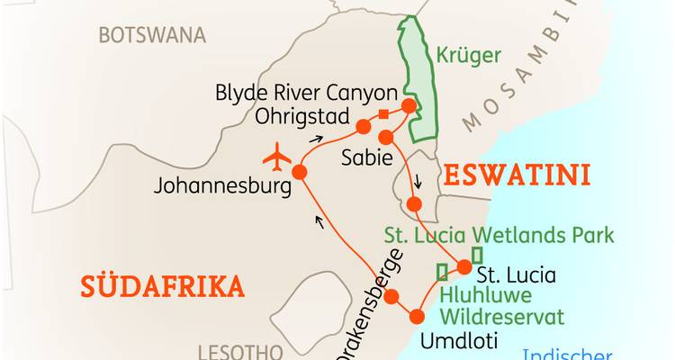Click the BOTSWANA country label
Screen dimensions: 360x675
152,35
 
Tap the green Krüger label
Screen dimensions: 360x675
468,56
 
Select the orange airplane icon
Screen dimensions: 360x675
278,158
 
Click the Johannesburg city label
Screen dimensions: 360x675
222,187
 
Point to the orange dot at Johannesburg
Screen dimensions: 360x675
299,171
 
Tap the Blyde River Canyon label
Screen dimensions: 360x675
307,93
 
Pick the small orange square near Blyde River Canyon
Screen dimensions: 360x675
383,113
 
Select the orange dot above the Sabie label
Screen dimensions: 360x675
386,137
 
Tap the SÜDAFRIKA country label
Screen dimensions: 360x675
163,286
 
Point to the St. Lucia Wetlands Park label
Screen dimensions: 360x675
499,236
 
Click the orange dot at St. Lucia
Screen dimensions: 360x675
464,266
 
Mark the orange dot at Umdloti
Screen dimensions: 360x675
417,317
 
